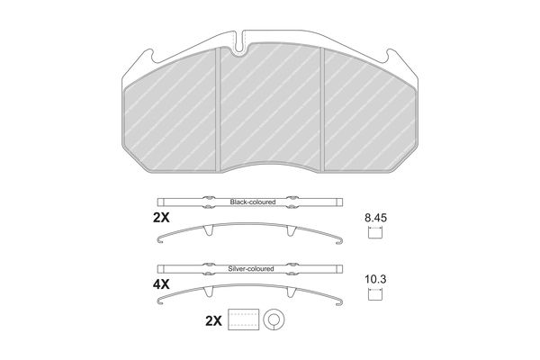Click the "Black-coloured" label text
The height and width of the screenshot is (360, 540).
coord(253,202)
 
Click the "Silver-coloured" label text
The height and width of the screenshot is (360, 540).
coord(251,269)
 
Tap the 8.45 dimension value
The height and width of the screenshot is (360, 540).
coord(375,218)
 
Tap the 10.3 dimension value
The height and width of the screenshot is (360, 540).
coord(375,279)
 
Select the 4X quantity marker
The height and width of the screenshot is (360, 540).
coord(161,284)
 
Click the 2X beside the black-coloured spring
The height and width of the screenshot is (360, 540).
coord(161,218)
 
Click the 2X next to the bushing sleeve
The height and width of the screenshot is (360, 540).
coord(213,321)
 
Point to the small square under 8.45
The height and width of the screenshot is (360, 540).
coord(375,233)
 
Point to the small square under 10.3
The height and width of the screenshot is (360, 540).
coord(375,294)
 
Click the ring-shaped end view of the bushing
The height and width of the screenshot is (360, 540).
coord(274,311)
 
